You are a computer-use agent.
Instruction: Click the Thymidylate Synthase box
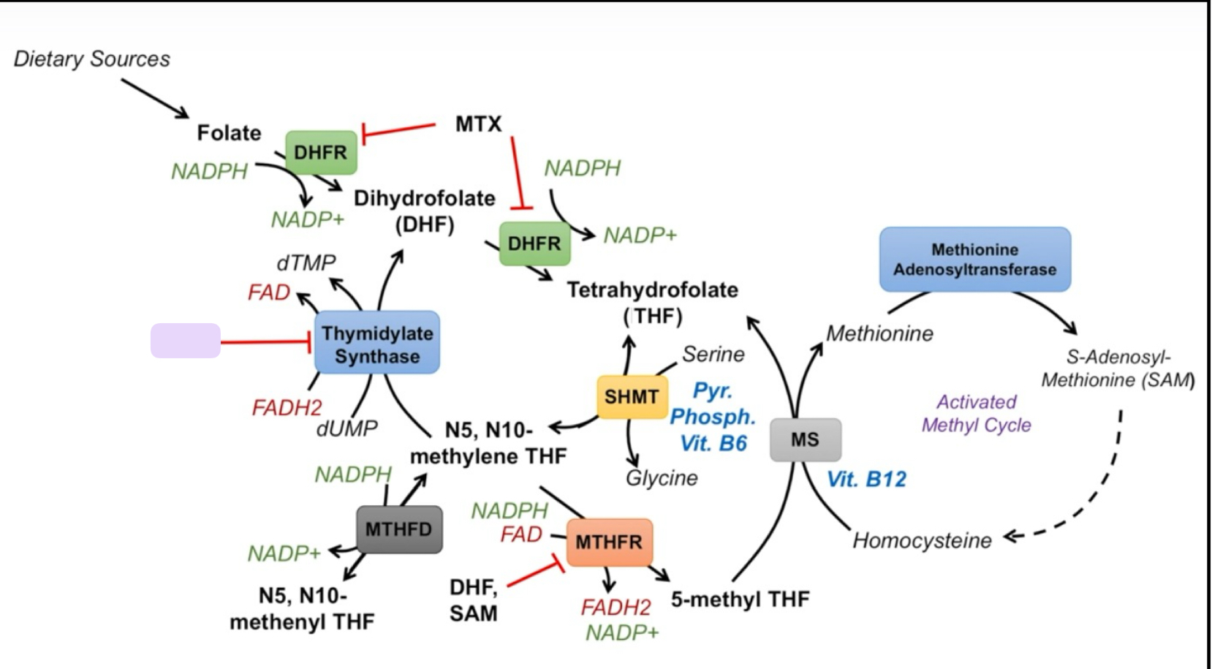coord(377,343)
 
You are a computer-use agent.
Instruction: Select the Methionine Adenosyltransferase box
coord(974,260)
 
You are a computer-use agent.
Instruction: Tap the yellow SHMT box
coord(632,397)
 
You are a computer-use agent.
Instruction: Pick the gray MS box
coord(805,439)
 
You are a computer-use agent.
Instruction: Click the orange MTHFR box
coord(609,542)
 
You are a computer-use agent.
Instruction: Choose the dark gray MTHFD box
coord(399,529)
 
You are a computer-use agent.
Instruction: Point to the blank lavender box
coord(186,341)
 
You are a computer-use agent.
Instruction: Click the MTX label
coord(478,124)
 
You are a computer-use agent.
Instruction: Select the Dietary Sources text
coord(92,59)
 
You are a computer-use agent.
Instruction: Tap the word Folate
coord(229,133)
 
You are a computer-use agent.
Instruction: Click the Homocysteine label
coord(922,540)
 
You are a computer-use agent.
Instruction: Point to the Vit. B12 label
coord(866,480)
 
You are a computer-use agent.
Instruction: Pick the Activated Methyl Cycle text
coord(976,413)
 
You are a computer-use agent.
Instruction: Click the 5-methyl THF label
coord(740,600)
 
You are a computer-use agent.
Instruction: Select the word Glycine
coord(662,478)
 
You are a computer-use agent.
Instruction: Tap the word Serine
coord(713,355)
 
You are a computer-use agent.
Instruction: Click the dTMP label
coord(306,262)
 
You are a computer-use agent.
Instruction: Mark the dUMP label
coord(346,428)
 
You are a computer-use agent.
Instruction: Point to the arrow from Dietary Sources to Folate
coord(154,98)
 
